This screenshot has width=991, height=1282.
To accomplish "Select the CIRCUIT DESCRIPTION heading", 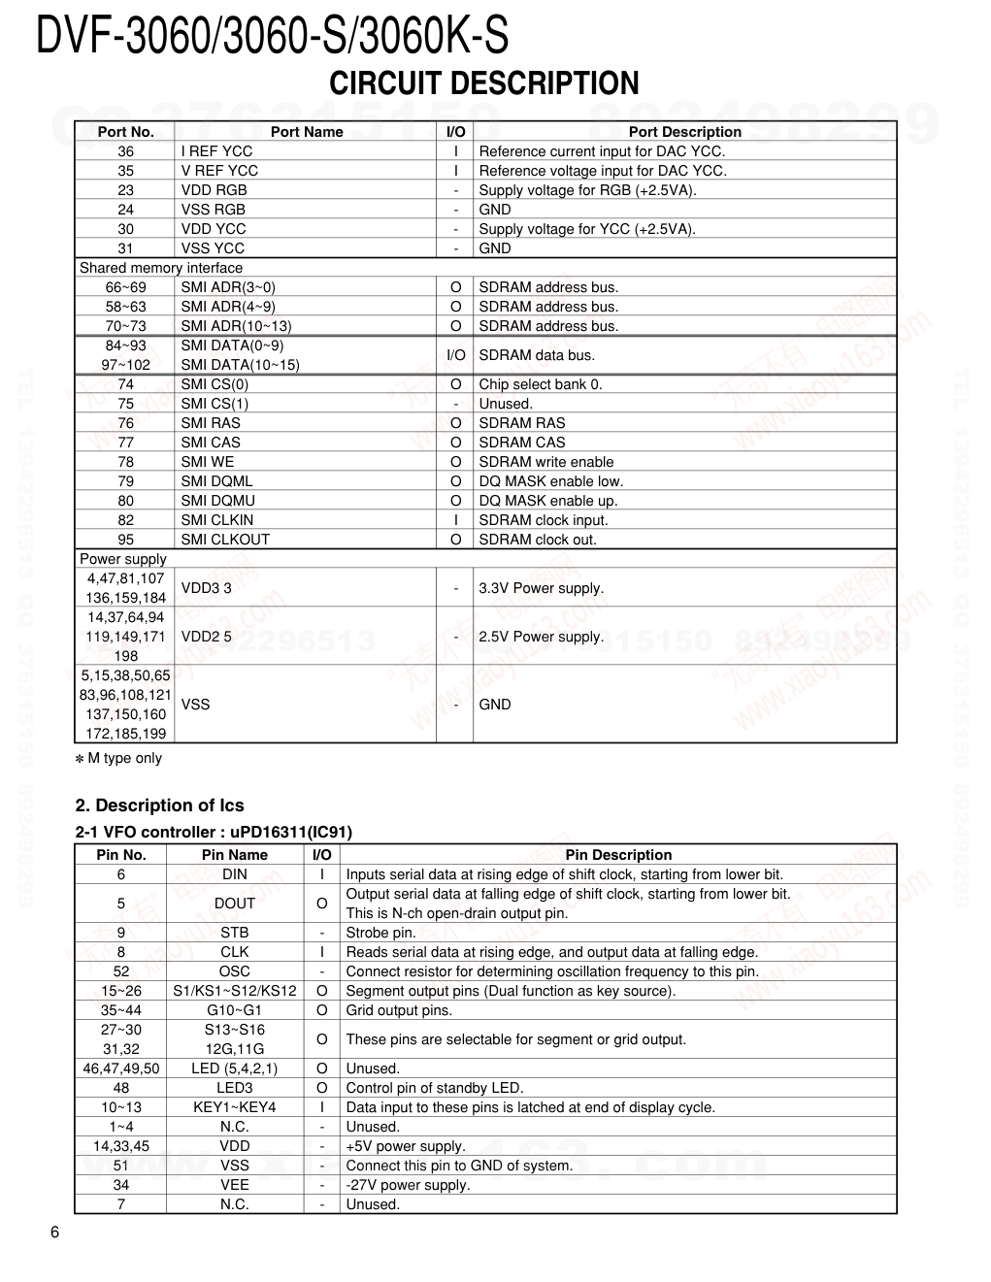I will pos(484,83).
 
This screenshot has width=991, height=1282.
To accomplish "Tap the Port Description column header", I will pos(684,132).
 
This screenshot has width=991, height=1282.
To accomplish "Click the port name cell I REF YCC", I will pos(216,151).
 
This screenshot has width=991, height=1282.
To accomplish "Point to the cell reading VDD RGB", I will pos(214,190).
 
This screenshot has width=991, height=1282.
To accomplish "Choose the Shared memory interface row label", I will pos(161,268).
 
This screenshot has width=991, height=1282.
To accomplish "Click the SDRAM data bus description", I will pos(537,355).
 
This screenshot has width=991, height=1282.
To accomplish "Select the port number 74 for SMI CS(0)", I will pos(126,384).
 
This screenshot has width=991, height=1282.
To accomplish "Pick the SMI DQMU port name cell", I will pos(217,501).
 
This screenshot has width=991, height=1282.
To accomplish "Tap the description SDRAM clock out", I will pos(538,540).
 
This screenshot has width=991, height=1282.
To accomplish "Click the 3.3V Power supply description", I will pos(542,588).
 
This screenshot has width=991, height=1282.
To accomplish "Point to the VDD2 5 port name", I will pos(207,637).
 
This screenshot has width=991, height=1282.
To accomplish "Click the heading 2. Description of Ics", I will pos(160,805).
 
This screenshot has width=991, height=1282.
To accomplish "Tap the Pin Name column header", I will pos(234,855).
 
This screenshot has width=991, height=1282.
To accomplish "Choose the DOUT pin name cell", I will pos(234,904).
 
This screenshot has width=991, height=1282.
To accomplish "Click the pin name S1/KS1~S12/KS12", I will pos(235,991).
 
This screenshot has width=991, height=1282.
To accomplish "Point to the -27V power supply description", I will pos(408,1185).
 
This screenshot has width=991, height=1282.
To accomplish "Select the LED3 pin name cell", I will pos(234,1088).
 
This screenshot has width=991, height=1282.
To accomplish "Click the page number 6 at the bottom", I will pos(54,1233).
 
